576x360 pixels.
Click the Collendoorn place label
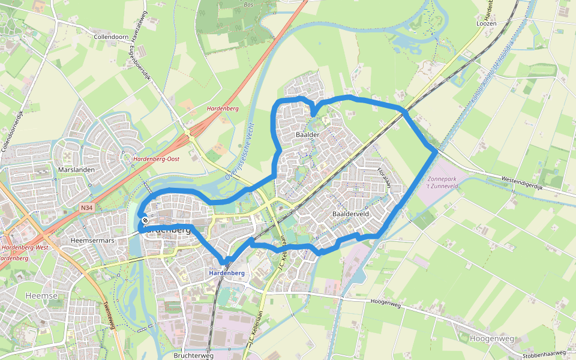(111, 37)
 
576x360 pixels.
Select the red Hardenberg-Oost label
(157, 159)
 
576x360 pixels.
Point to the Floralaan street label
(384, 178)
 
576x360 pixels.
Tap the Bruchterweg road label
(193, 355)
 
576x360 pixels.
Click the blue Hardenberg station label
(227, 273)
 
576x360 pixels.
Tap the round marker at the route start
(145, 220)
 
